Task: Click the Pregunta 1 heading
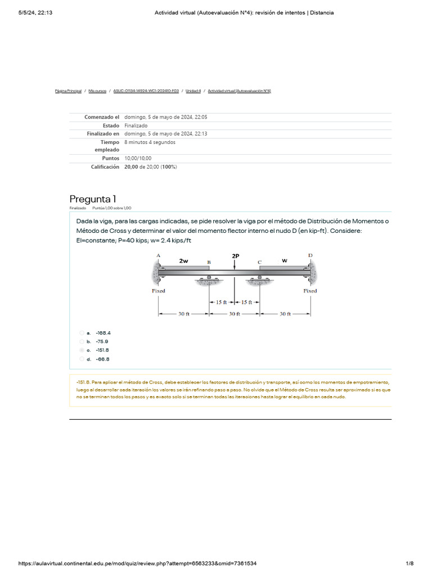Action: (93, 199)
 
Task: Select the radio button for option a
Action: (82, 332)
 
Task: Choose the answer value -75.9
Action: (102, 341)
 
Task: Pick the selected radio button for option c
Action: (82, 350)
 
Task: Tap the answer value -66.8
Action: (102, 359)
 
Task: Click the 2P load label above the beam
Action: (235, 256)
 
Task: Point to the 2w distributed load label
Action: (183, 261)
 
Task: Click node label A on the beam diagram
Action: (159, 255)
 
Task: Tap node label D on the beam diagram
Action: (310, 255)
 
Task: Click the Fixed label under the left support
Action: (159, 291)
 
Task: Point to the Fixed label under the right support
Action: (310, 291)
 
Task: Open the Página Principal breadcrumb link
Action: (68, 91)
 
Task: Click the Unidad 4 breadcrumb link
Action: (193, 91)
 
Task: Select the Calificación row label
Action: (105, 167)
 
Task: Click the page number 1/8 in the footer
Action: (409, 564)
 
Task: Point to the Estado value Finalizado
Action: (136, 125)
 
